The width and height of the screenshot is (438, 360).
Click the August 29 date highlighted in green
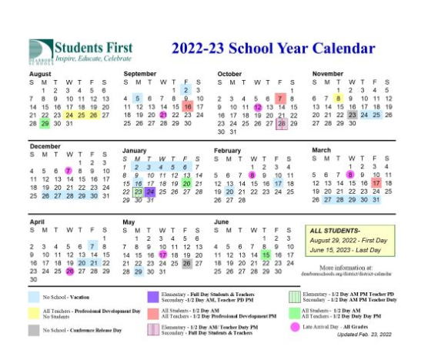click(45, 124)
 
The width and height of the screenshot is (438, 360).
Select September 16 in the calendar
click(187, 107)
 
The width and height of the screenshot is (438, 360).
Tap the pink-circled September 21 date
click(163, 115)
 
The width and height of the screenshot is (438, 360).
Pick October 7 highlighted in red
click(281, 98)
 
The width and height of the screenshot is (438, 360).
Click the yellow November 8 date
click(339, 98)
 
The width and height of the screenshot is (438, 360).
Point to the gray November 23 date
click(352, 115)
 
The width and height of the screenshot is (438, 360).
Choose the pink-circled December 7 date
click(69, 170)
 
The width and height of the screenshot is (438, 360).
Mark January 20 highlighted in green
click(187, 184)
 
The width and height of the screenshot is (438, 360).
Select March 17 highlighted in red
click(376, 184)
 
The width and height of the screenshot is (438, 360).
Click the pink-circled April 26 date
click(69, 271)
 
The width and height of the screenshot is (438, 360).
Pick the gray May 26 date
click(187, 263)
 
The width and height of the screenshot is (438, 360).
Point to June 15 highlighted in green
click(266, 255)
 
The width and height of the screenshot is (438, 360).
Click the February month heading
click(229, 150)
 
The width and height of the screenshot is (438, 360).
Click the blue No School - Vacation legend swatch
click(36, 296)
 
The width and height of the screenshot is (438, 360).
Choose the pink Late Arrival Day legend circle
click(295, 327)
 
